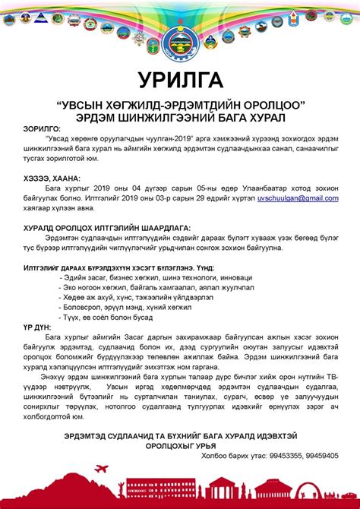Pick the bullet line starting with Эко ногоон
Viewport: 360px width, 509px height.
tap(137, 289)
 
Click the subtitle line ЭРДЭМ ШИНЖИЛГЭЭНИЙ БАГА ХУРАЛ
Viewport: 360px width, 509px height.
tap(180, 116)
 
